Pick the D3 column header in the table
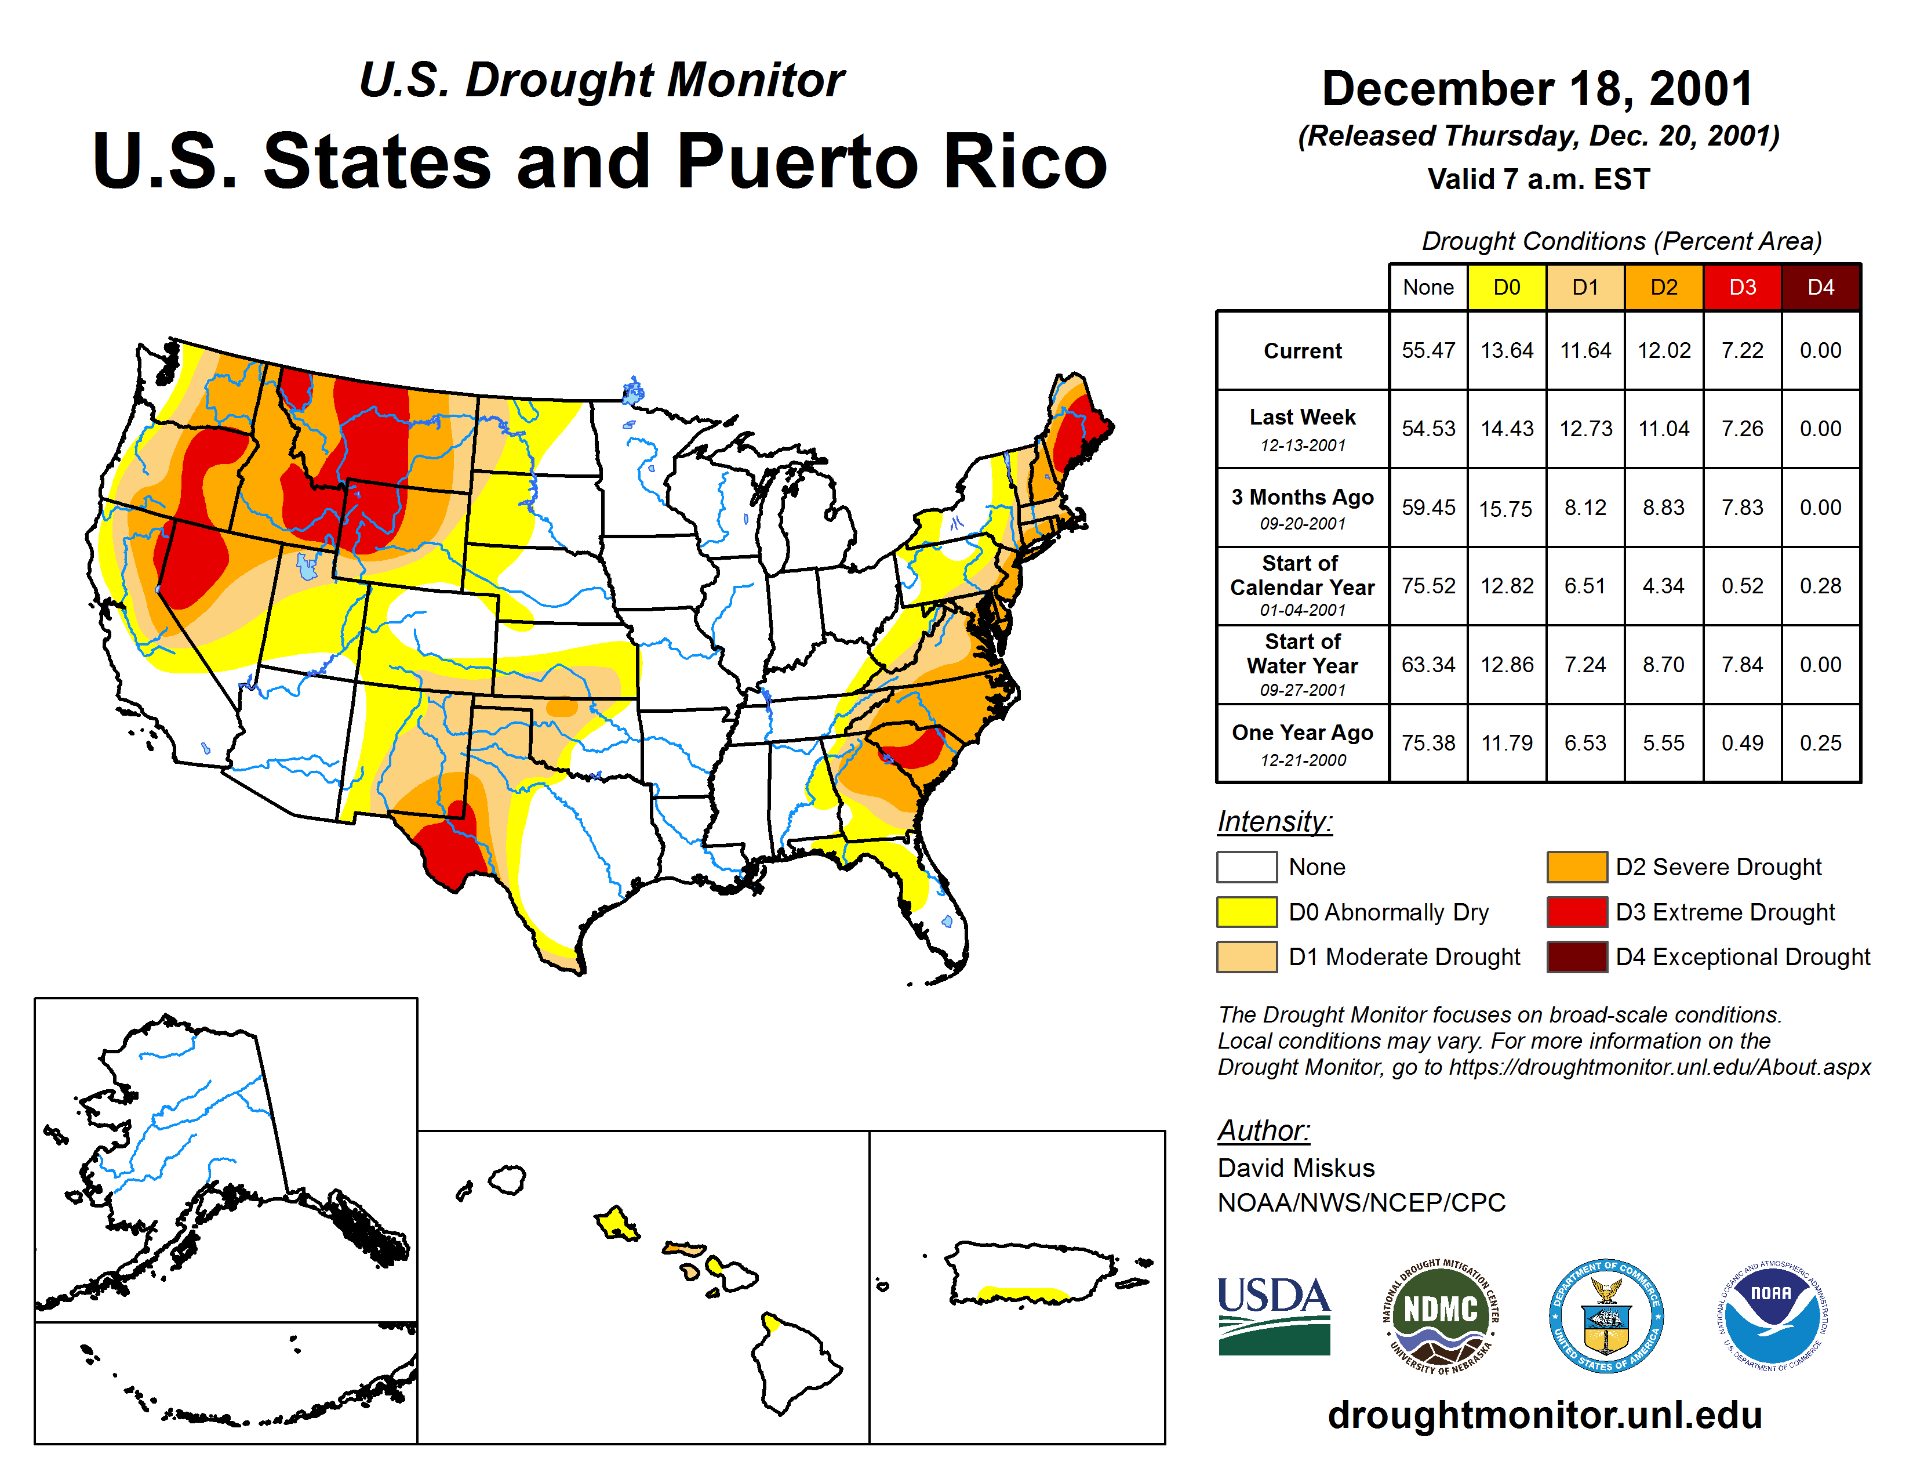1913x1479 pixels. point(1742,287)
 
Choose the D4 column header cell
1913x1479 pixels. point(1820,287)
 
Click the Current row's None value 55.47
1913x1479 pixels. point(1428,350)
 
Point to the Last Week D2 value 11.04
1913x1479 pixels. point(1663,429)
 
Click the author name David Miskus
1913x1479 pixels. point(1296,1168)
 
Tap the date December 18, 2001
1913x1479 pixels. point(1537,89)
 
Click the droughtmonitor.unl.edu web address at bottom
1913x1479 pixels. point(1544,1415)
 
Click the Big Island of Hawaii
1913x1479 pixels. point(792,1362)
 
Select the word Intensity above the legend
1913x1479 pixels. point(1274,822)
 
